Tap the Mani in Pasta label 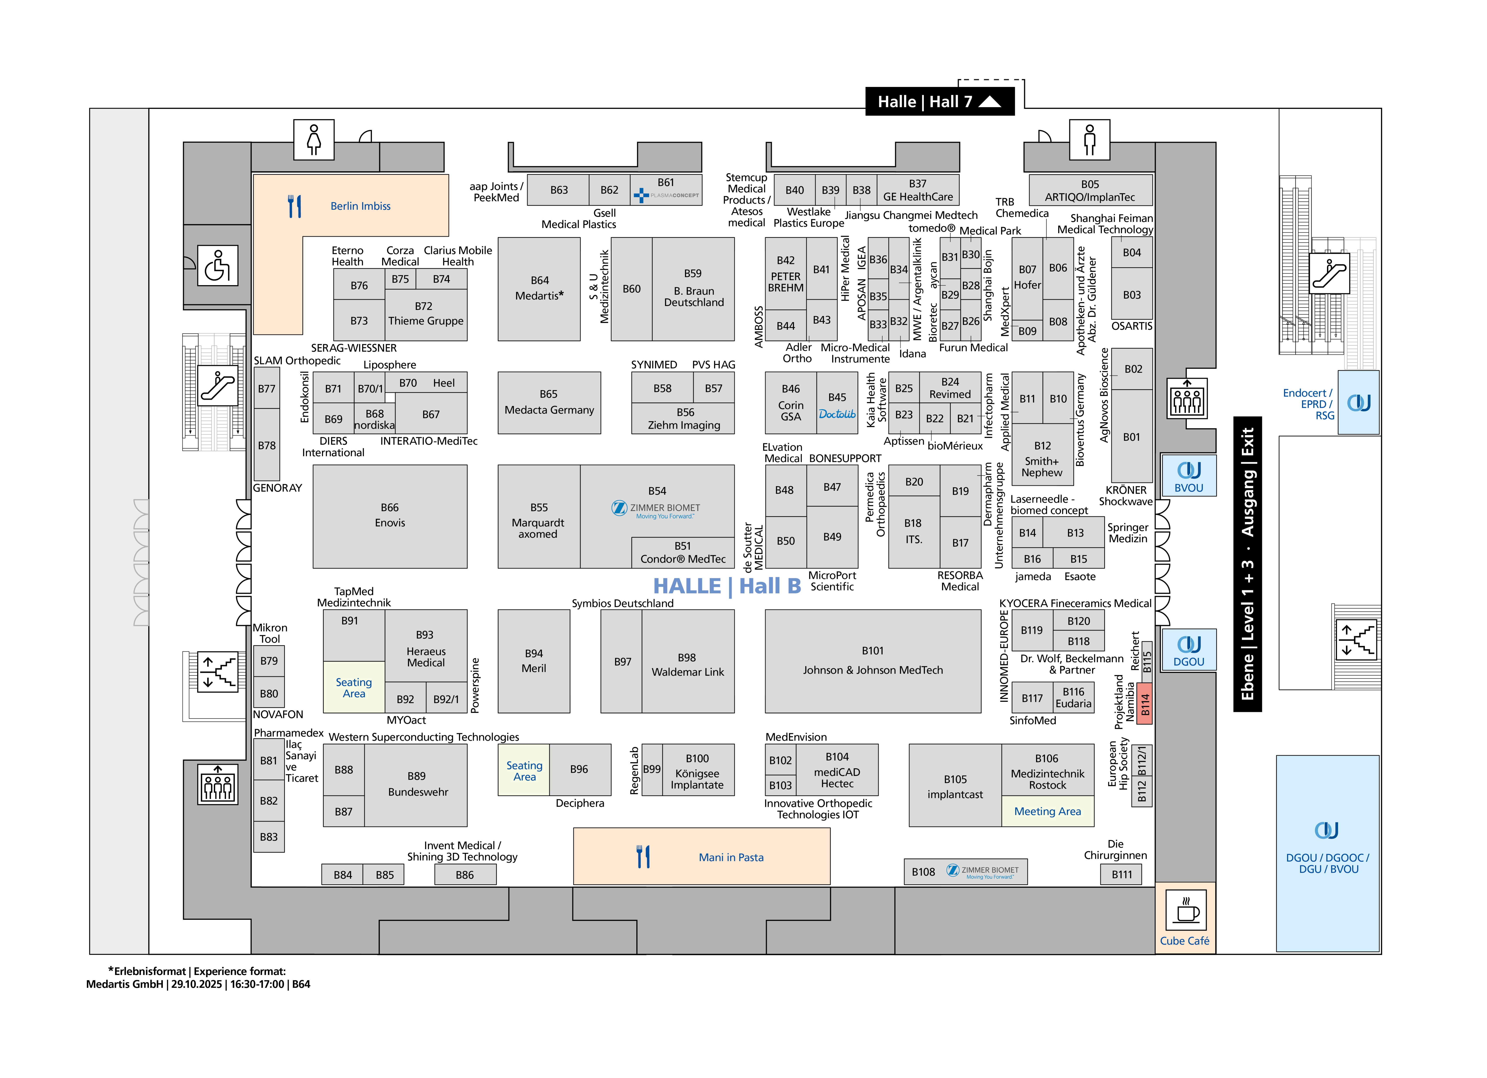731,857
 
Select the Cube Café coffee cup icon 1186,910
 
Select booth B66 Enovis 390,516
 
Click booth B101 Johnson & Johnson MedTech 873,661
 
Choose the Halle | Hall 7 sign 940,102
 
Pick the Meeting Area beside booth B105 1048,812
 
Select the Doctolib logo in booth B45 837,414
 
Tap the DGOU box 1189,649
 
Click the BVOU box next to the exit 1189,475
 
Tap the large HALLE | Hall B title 727,586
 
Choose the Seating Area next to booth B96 524,770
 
